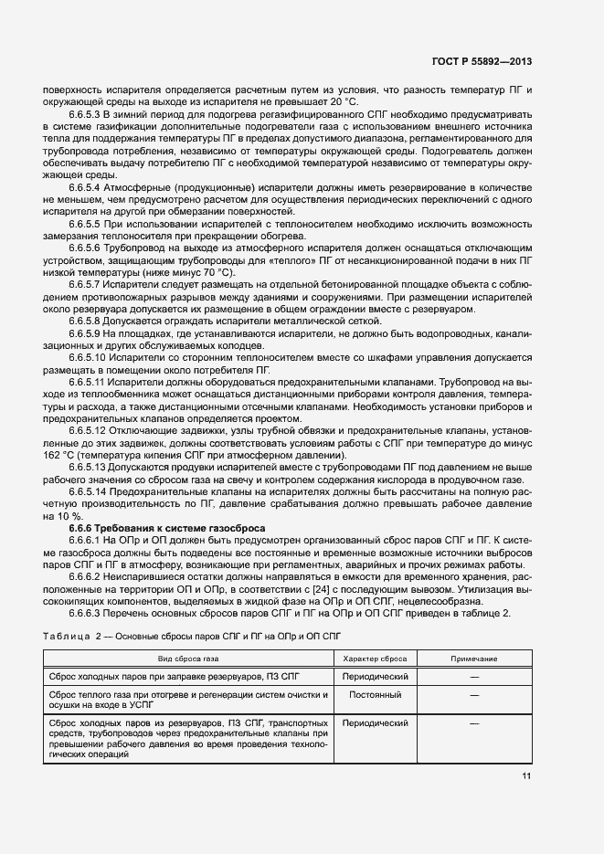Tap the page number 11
(x=526, y=776)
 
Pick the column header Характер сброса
(x=375, y=659)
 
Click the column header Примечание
(x=474, y=659)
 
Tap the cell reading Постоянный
(x=375, y=695)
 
